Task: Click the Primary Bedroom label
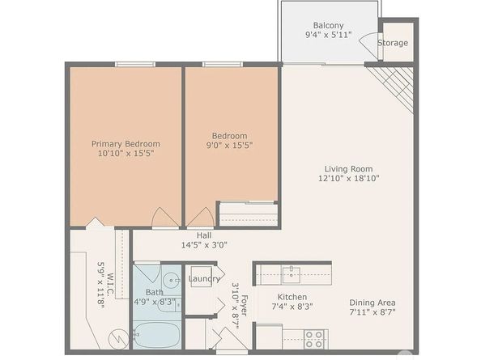point(126,144)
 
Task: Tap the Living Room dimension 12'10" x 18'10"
point(349,178)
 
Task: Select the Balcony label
point(328,25)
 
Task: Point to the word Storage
point(393,43)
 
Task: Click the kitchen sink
point(292,275)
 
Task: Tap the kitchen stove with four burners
point(314,339)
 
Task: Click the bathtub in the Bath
point(157,335)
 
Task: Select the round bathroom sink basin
point(172,280)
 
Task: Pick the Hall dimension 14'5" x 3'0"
point(204,245)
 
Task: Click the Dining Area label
point(372,303)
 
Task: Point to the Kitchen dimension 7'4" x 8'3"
point(292,306)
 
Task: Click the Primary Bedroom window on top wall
point(135,65)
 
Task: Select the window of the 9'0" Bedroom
point(223,65)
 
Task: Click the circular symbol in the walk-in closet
point(119,338)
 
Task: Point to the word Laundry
point(204,279)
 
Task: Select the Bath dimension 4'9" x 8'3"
point(155,302)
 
